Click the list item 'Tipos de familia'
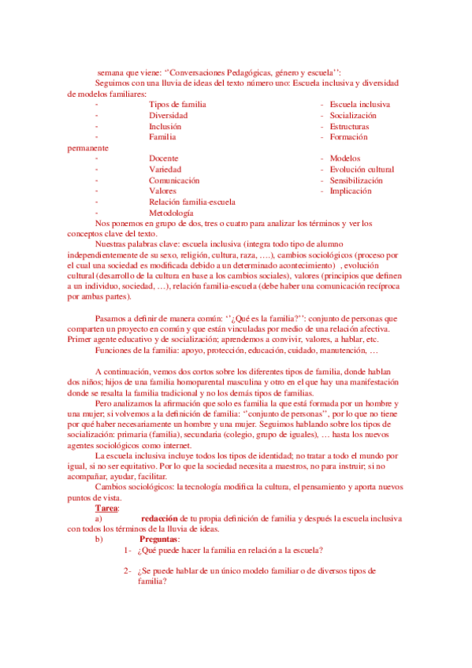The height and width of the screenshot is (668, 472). (x=177, y=104)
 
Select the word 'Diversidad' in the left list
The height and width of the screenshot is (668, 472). (x=168, y=115)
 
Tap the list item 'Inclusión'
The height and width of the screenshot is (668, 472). (x=165, y=126)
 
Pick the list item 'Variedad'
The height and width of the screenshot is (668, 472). (x=165, y=169)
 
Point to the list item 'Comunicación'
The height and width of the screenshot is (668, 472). (x=173, y=180)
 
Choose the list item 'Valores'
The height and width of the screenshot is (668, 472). (x=162, y=191)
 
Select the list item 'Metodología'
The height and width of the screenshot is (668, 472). (x=171, y=213)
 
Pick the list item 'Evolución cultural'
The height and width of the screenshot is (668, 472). (x=362, y=169)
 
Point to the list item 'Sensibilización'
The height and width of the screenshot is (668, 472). (x=356, y=180)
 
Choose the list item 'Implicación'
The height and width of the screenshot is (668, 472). (x=351, y=191)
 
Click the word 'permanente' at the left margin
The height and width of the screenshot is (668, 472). (x=88, y=147)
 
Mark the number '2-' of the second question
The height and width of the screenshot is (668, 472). (x=128, y=571)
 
